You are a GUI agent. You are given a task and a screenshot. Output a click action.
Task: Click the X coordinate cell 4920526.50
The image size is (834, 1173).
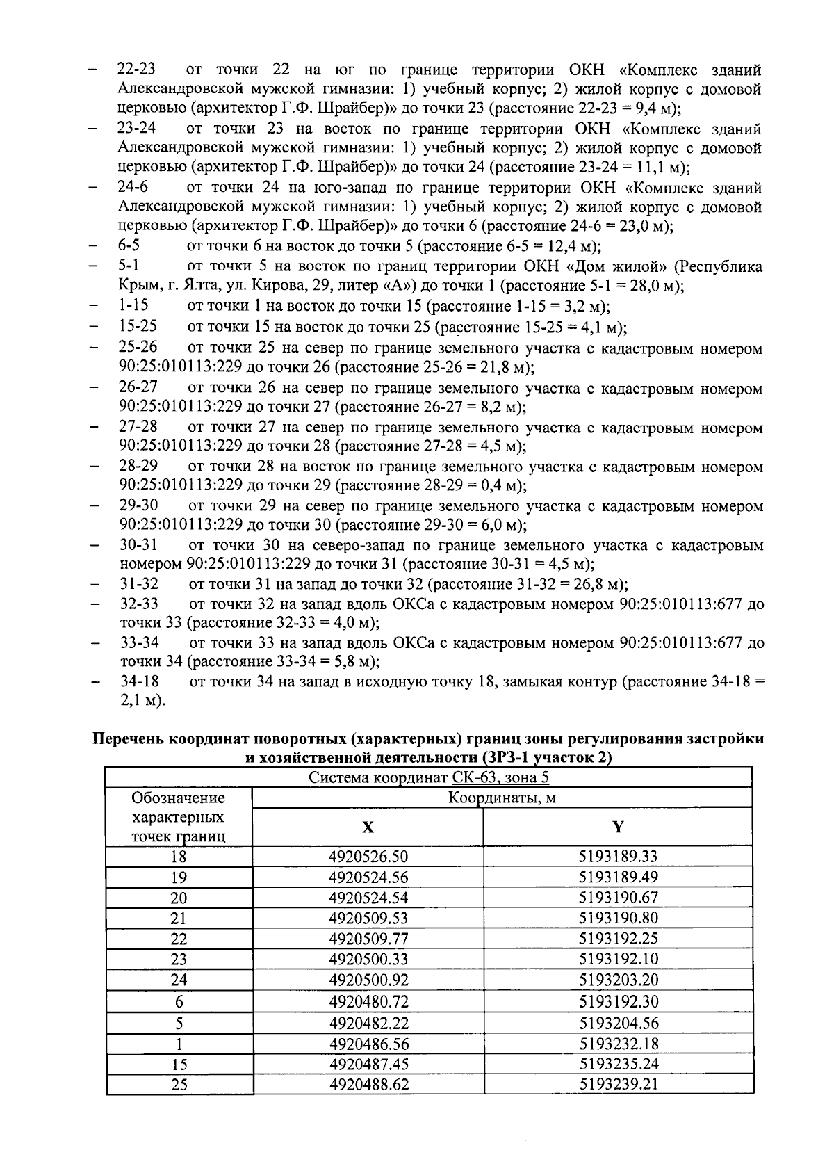point(368,856)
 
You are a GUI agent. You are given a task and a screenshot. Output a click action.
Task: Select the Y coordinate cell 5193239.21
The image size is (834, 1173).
point(618,1084)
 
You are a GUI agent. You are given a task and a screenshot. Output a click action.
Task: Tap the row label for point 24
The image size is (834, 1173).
point(179,980)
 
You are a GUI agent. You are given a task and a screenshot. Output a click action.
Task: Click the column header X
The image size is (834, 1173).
point(368,827)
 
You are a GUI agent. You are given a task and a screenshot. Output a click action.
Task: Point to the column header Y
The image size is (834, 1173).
point(618,827)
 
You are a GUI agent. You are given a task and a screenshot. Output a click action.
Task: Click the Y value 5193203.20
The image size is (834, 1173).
point(618,980)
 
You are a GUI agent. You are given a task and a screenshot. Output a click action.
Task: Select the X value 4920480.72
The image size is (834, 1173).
point(368,1002)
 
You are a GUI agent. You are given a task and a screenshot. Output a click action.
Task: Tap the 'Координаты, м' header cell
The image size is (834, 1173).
point(501,798)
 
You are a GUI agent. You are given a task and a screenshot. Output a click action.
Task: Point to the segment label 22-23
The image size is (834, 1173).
point(136,70)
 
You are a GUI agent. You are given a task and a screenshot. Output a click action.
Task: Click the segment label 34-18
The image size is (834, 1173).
point(140,682)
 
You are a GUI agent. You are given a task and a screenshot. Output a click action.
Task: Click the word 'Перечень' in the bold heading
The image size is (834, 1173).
point(131,739)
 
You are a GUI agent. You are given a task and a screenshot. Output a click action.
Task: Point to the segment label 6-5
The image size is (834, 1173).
point(129,246)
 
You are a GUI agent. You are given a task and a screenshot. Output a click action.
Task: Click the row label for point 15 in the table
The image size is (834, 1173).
point(179,1064)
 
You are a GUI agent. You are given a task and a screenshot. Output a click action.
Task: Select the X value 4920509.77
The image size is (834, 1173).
point(368,939)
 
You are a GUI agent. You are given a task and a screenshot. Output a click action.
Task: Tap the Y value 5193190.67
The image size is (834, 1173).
point(618,898)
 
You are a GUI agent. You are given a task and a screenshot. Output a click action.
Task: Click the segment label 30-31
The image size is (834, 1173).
point(138,545)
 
